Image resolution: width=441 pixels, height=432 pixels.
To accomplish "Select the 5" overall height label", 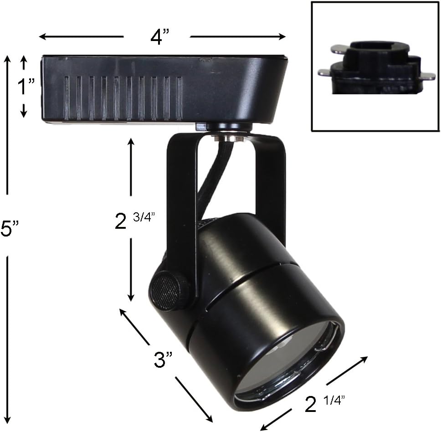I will (9, 229).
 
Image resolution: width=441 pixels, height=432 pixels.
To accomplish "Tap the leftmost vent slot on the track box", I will (67, 98).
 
